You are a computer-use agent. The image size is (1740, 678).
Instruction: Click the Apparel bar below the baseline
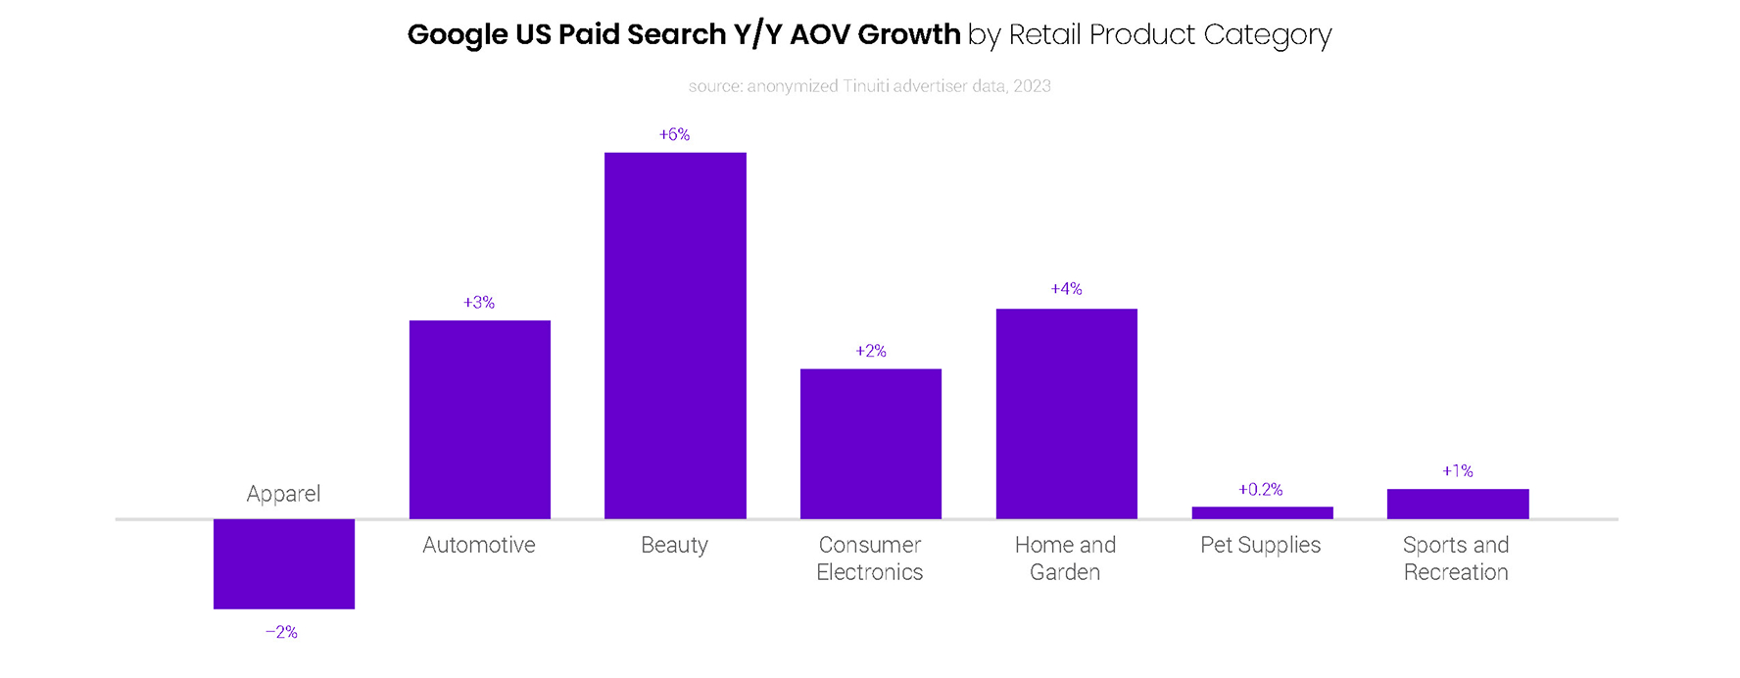(x=283, y=563)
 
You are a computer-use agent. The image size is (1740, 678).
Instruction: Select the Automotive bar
(x=479, y=419)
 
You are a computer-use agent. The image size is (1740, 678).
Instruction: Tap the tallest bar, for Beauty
(x=675, y=335)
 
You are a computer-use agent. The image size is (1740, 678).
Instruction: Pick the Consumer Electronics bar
(x=870, y=443)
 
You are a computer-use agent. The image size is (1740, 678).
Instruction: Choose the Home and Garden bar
(x=1066, y=413)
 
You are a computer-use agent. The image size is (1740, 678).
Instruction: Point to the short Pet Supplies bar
(x=1262, y=512)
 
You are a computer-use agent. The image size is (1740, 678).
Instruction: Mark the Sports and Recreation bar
(x=1457, y=504)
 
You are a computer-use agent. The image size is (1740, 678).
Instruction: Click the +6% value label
(x=674, y=134)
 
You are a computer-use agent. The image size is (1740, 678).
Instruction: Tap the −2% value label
(x=281, y=632)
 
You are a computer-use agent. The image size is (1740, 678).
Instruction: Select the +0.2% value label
(x=1260, y=489)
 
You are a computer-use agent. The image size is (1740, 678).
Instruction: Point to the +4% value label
(x=1066, y=289)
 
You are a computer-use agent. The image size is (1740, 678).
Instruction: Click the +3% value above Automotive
(x=479, y=303)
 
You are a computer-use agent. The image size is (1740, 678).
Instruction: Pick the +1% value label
(x=1457, y=471)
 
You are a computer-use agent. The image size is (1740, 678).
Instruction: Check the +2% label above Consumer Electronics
(x=870, y=351)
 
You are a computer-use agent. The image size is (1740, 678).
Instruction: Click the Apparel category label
(x=283, y=494)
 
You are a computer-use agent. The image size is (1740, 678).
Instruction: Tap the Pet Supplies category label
(x=1260, y=545)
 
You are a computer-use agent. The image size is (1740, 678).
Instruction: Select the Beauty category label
(x=674, y=545)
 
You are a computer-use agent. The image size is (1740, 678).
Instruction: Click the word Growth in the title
(x=908, y=34)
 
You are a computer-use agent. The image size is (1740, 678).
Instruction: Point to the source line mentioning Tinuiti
(x=869, y=86)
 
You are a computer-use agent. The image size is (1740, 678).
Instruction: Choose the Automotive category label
(x=479, y=545)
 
